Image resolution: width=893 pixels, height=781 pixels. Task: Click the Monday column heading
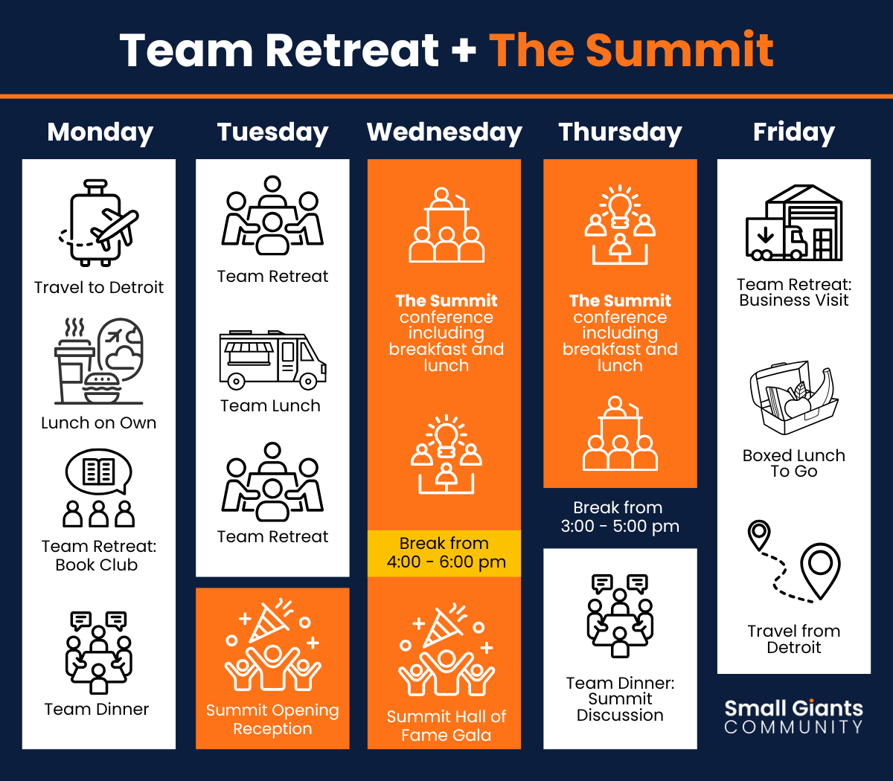[100, 132]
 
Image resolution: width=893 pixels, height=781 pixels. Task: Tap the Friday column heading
[793, 132]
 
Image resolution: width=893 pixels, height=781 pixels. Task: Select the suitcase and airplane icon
[99, 222]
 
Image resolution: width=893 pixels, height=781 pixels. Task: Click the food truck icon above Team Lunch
[272, 359]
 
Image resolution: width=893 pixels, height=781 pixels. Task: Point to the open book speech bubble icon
[99, 487]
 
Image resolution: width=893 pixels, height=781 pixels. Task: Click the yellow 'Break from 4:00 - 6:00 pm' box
[444, 553]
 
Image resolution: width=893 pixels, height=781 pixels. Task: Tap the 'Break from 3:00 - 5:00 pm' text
[620, 517]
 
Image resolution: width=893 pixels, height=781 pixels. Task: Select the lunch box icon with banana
[794, 397]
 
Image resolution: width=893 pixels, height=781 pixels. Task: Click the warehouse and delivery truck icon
[794, 223]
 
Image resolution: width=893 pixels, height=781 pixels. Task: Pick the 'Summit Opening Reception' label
[272, 719]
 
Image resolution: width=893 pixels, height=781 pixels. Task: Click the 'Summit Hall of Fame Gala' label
[446, 726]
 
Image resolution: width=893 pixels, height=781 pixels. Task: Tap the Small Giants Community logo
[793, 716]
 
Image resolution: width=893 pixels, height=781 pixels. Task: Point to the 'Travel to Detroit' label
[99, 287]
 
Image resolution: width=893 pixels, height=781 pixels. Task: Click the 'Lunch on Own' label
[99, 422]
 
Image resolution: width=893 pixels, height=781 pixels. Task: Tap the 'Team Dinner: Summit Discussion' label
[620, 699]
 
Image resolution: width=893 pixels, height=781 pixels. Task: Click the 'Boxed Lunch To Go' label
[794, 463]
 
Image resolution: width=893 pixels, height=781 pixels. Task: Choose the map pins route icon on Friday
[794, 562]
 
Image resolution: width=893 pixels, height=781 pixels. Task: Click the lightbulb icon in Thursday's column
[620, 225]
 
